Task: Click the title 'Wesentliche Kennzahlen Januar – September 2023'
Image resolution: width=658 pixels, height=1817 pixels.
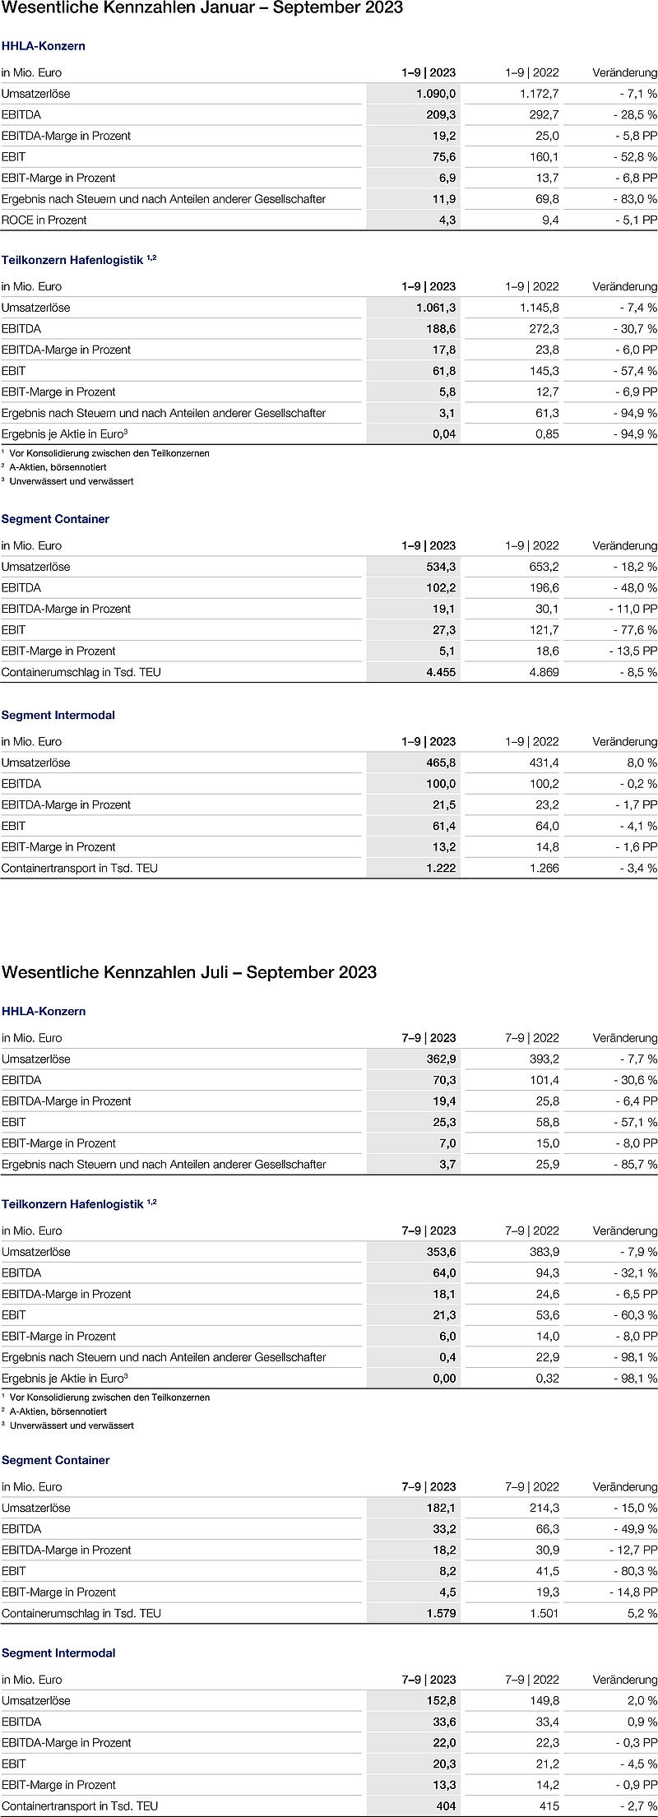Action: tap(202, 8)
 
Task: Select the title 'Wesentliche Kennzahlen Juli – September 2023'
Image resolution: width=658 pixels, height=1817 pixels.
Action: tap(189, 972)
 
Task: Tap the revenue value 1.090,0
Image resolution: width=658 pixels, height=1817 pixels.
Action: tap(436, 94)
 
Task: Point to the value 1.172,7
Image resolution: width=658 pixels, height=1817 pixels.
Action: tap(539, 94)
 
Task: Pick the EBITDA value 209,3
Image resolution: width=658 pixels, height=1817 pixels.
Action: tap(440, 115)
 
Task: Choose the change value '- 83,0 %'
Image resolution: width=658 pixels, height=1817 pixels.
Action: tap(635, 199)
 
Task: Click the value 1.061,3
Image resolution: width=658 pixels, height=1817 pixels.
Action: tap(436, 308)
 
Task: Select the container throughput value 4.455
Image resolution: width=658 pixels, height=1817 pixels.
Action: tap(440, 672)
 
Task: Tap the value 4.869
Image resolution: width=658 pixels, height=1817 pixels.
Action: tap(543, 672)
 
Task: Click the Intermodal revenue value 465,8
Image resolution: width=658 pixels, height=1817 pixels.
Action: tap(440, 762)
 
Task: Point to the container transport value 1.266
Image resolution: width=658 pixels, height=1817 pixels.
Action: tap(543, 868)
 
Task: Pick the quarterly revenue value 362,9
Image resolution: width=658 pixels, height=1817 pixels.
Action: tap(440, 1059)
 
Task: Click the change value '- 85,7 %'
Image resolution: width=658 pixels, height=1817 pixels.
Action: tap(635, 1165)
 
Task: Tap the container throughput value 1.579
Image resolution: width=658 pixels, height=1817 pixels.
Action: tap(440, 1613)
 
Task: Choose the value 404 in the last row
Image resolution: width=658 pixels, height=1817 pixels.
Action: tap(445, 1806)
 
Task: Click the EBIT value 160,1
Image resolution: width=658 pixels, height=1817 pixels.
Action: tap(543, 157)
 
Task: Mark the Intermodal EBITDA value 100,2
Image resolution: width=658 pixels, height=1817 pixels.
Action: tap(543, 784)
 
